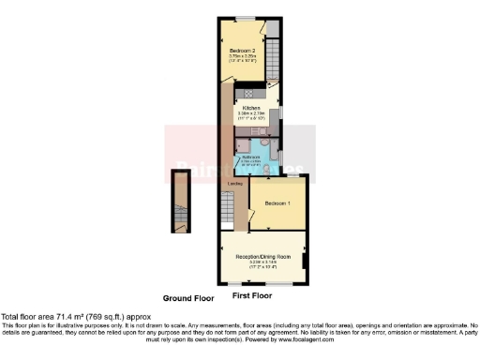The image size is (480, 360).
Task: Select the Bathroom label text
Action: [250, 157]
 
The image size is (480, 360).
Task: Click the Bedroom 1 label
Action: [277, 203]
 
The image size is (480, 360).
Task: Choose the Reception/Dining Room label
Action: [263, 255]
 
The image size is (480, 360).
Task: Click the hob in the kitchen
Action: [250, 92]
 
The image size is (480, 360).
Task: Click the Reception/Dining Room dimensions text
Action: [263, 264]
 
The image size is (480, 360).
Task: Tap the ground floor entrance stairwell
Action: [179, 202]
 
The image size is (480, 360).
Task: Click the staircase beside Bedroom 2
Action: [274, 52]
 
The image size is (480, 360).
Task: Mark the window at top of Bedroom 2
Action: [246, 19]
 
